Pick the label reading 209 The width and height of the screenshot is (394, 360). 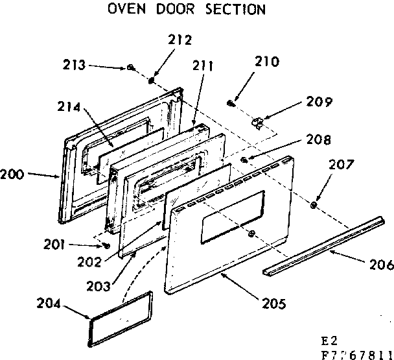319,102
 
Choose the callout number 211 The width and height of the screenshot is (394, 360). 205,65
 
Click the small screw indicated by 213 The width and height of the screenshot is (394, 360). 130,67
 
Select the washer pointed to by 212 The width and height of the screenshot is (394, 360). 152,81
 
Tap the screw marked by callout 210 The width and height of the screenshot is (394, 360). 231,102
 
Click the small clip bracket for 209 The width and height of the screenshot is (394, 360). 259,121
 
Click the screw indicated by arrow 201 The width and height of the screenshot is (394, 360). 106,246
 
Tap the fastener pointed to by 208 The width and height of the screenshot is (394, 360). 244,160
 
